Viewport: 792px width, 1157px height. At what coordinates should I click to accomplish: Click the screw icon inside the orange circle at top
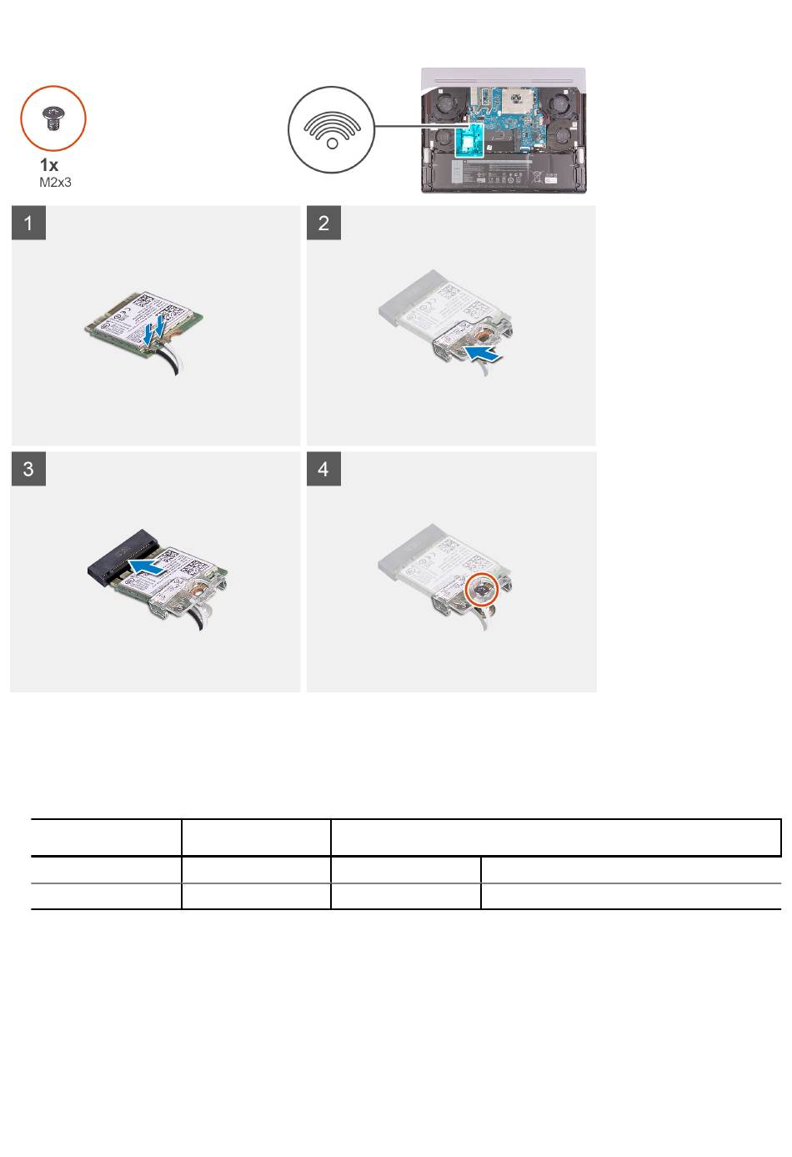click(x=53, y=118)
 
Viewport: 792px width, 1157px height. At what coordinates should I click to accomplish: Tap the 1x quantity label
click(x=49, y=165)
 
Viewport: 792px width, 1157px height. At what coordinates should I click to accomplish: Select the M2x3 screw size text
click(x=55, y=183)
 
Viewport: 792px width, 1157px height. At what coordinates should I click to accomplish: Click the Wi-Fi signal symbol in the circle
click(x=332, y=130)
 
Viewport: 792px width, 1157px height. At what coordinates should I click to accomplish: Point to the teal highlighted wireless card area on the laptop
click(x=469, y=139)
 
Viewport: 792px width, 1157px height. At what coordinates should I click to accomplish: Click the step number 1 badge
click(x=28, y=223)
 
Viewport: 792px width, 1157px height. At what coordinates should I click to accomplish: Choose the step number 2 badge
click(x=323, y=223)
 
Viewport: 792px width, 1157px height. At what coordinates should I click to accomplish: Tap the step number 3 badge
click(x=28, y=469)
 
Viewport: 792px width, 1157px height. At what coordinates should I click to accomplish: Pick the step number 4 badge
click(x=323, y=469)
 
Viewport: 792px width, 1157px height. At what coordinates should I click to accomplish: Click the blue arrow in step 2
click(x=483, y=355)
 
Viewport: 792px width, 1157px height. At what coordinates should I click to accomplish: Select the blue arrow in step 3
click(x=146, y=566)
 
